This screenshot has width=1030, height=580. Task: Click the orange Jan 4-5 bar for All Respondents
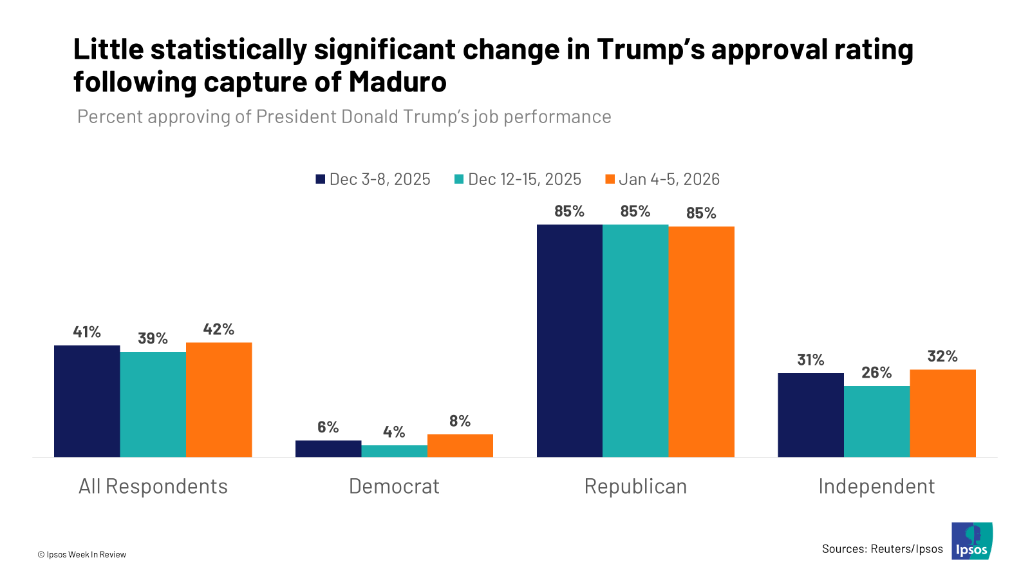[219, 400]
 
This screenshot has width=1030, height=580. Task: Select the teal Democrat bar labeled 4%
[394, 451]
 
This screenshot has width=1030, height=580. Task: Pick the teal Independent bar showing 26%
[877, 421]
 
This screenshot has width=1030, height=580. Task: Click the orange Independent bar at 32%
[942, 413]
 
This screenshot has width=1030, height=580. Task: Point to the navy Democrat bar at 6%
[328, 449]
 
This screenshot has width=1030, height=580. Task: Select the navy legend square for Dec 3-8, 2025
[321, 179]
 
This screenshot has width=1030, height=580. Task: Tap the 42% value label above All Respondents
[219, 329]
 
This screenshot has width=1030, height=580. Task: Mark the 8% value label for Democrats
[460, 421]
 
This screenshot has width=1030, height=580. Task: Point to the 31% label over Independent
[810, 360]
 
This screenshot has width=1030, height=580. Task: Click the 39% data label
[153, 338]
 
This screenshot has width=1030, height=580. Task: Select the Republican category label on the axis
[635, 486]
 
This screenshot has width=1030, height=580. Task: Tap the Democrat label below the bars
[394, 486]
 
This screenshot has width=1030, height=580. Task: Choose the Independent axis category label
[876, 486]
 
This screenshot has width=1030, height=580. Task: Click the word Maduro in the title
[398, 82]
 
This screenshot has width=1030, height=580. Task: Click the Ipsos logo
[972, 541]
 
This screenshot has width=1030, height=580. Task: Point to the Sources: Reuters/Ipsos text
[882, 549]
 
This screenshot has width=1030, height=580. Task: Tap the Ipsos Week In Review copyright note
[82, 554]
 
